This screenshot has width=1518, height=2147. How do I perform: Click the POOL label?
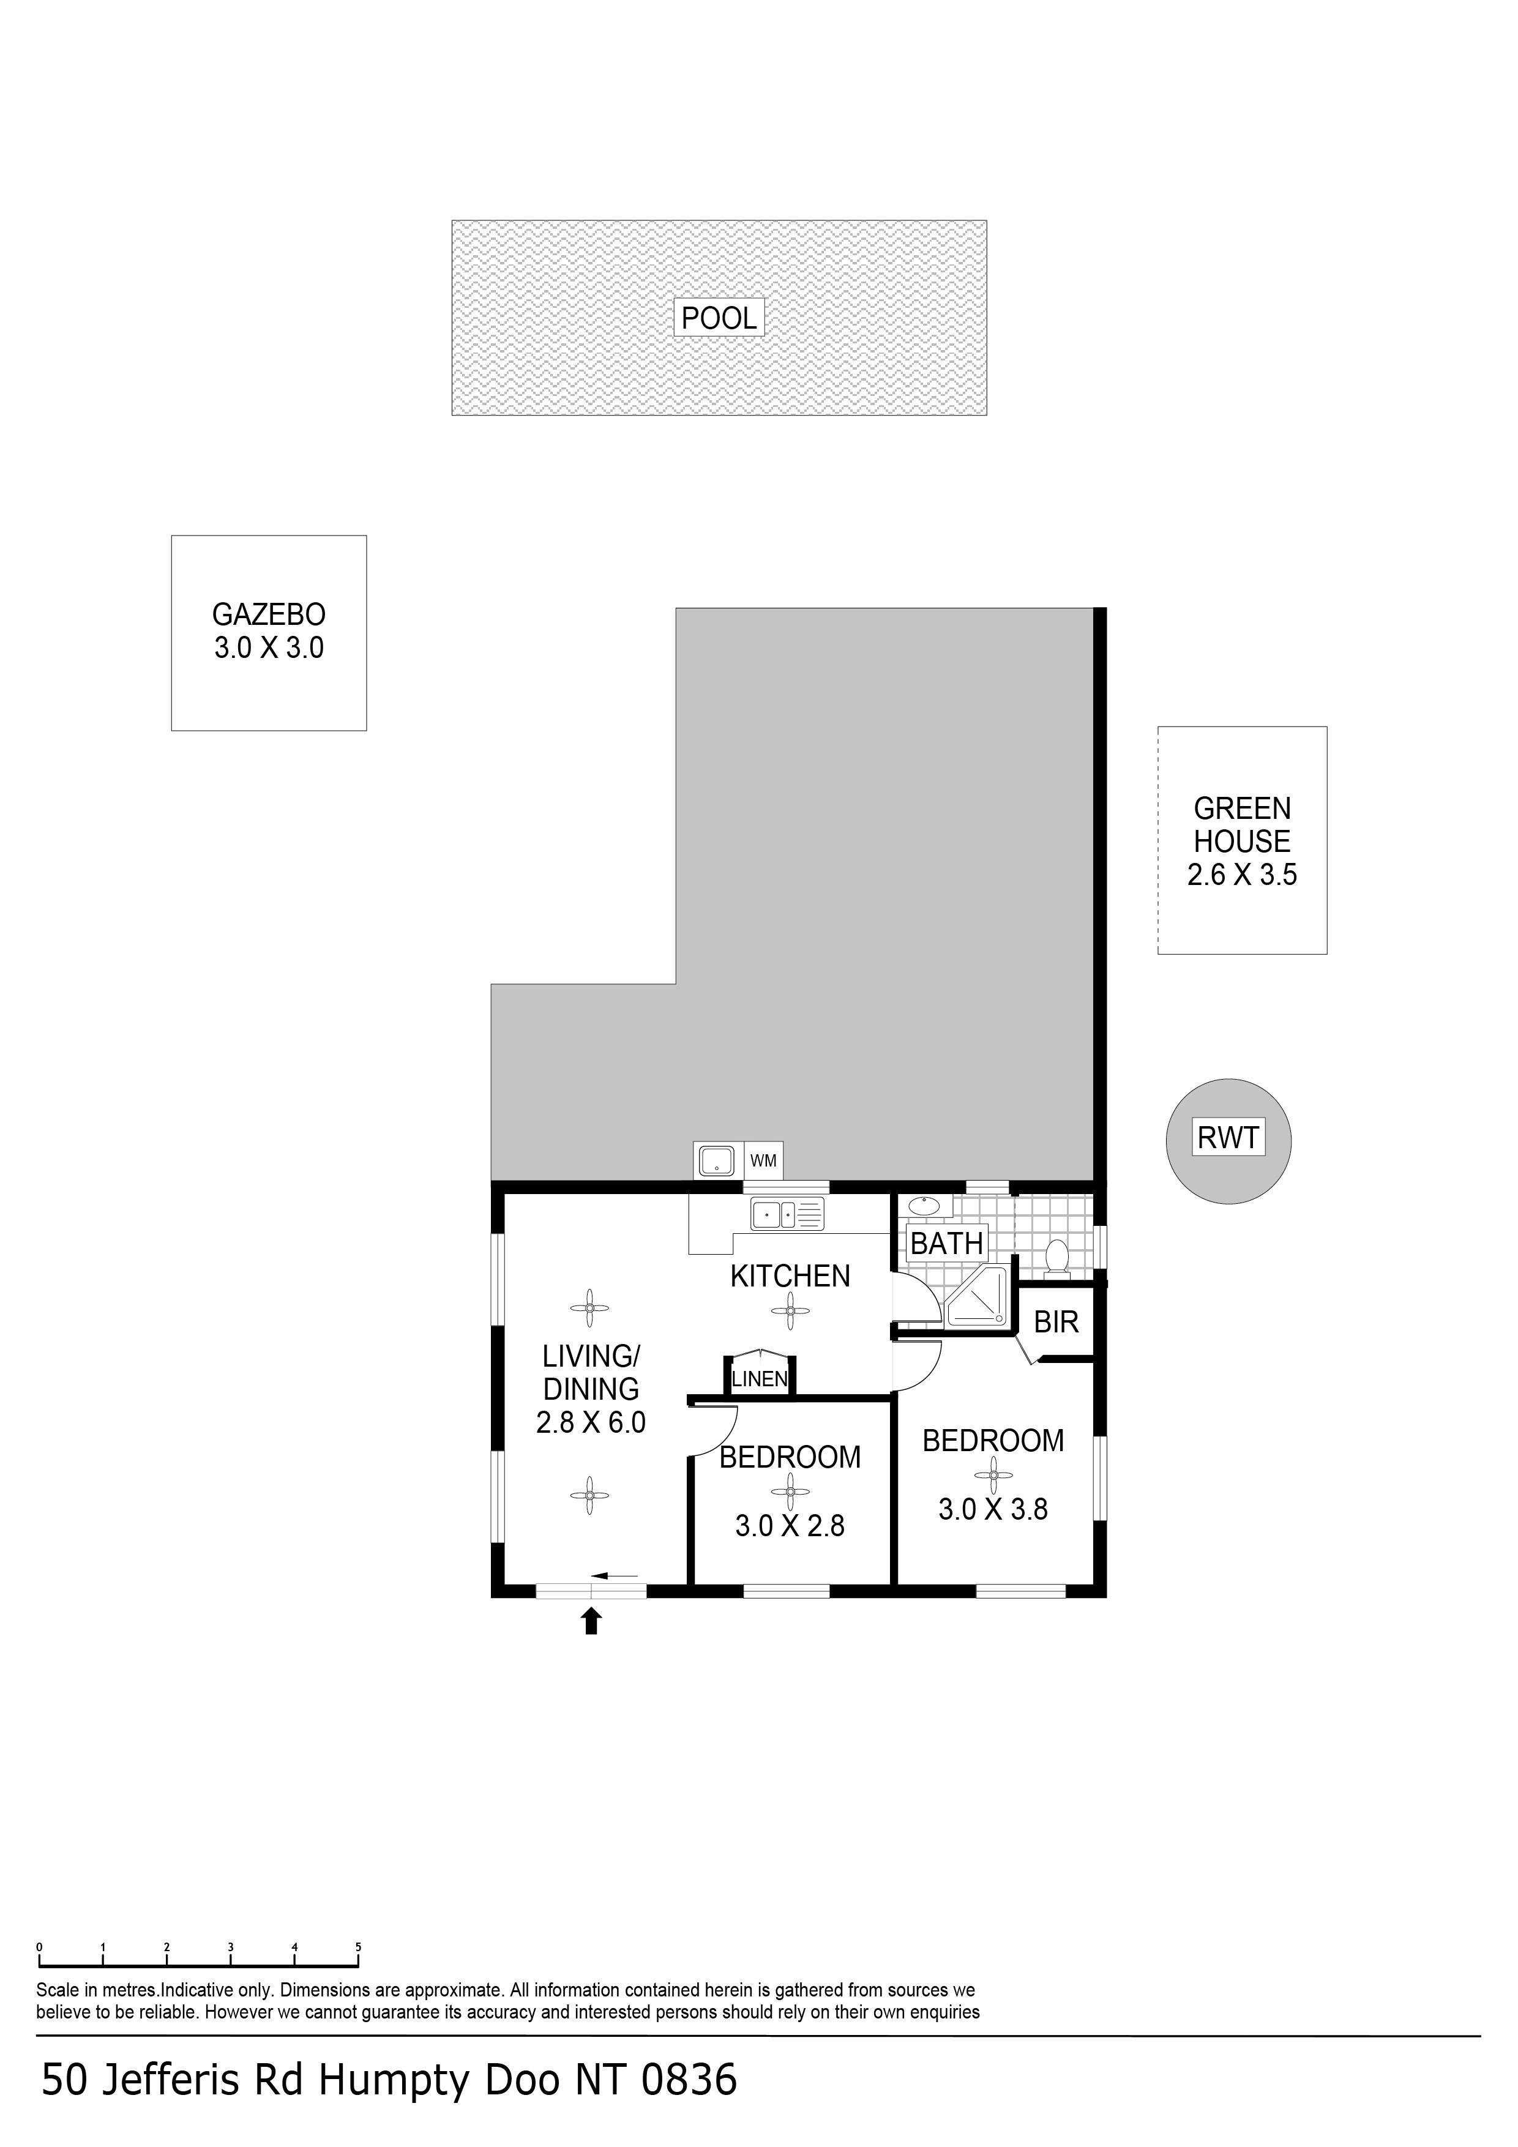pos(719,318)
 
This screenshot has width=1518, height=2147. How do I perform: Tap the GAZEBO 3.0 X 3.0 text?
pos(269,631)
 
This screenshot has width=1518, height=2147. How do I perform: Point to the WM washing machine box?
pos(763,1160)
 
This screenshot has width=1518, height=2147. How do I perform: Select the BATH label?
pos(946,1244)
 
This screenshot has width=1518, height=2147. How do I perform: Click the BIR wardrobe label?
pos(1056,1321)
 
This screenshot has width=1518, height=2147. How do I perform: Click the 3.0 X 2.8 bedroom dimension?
pos(790,1526)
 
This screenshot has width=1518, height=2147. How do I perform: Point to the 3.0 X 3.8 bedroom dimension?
pos(993,1509)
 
